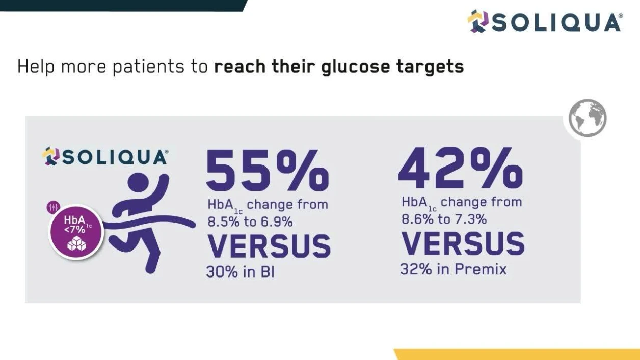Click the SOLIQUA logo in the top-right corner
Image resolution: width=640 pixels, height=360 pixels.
pos(545,21)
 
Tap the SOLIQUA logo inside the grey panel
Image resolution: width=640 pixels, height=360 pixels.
pos(104,157)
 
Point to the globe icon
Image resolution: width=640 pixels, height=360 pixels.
pos(588,118)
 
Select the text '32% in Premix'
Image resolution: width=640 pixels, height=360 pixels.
pos(453,269)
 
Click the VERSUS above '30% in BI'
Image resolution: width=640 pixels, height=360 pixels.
pos(269,246)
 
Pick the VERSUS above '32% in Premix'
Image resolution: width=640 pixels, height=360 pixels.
pos(463,243)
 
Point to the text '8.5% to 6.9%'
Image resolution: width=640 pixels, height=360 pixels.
pos(250,222)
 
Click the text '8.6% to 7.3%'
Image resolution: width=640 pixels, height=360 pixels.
pos(443,219)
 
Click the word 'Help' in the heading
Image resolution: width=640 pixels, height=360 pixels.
pos(36,67)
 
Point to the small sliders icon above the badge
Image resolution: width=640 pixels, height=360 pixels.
pos(54,208)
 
